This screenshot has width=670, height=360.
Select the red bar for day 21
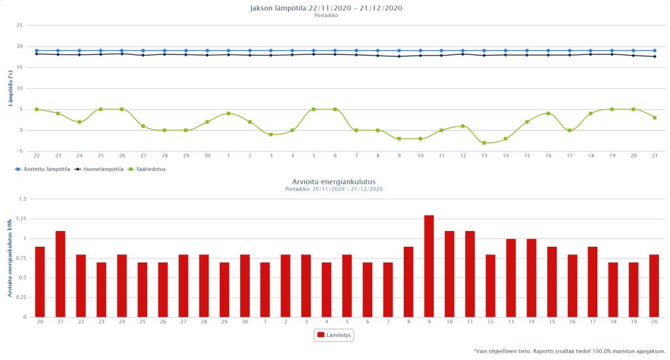[x=60, y=274]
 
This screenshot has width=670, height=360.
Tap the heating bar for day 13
[x=510, y=278]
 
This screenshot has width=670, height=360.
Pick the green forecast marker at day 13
[x=484, y=143]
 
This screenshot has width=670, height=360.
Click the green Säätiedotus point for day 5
[x=313, y=109]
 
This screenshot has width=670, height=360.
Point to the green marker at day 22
[x=37, y=109]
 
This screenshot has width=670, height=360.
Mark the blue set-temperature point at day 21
[x=654, y=50]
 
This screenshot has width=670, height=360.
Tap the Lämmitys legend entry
[x=335, y=335]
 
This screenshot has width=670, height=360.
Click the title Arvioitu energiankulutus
[x=334, y=181]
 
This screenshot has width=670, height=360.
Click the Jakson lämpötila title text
[x=326, y=8]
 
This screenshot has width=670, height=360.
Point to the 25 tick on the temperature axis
[x=20, y=26]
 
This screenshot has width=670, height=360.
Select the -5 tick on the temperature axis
[x=20, y=151]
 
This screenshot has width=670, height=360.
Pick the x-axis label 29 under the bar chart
[x=224, y=323]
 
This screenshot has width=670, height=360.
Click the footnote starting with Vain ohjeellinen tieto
[x=569, y=351]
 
